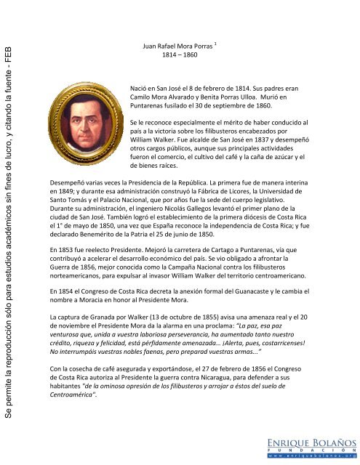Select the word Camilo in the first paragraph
(x=141, y=94)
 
